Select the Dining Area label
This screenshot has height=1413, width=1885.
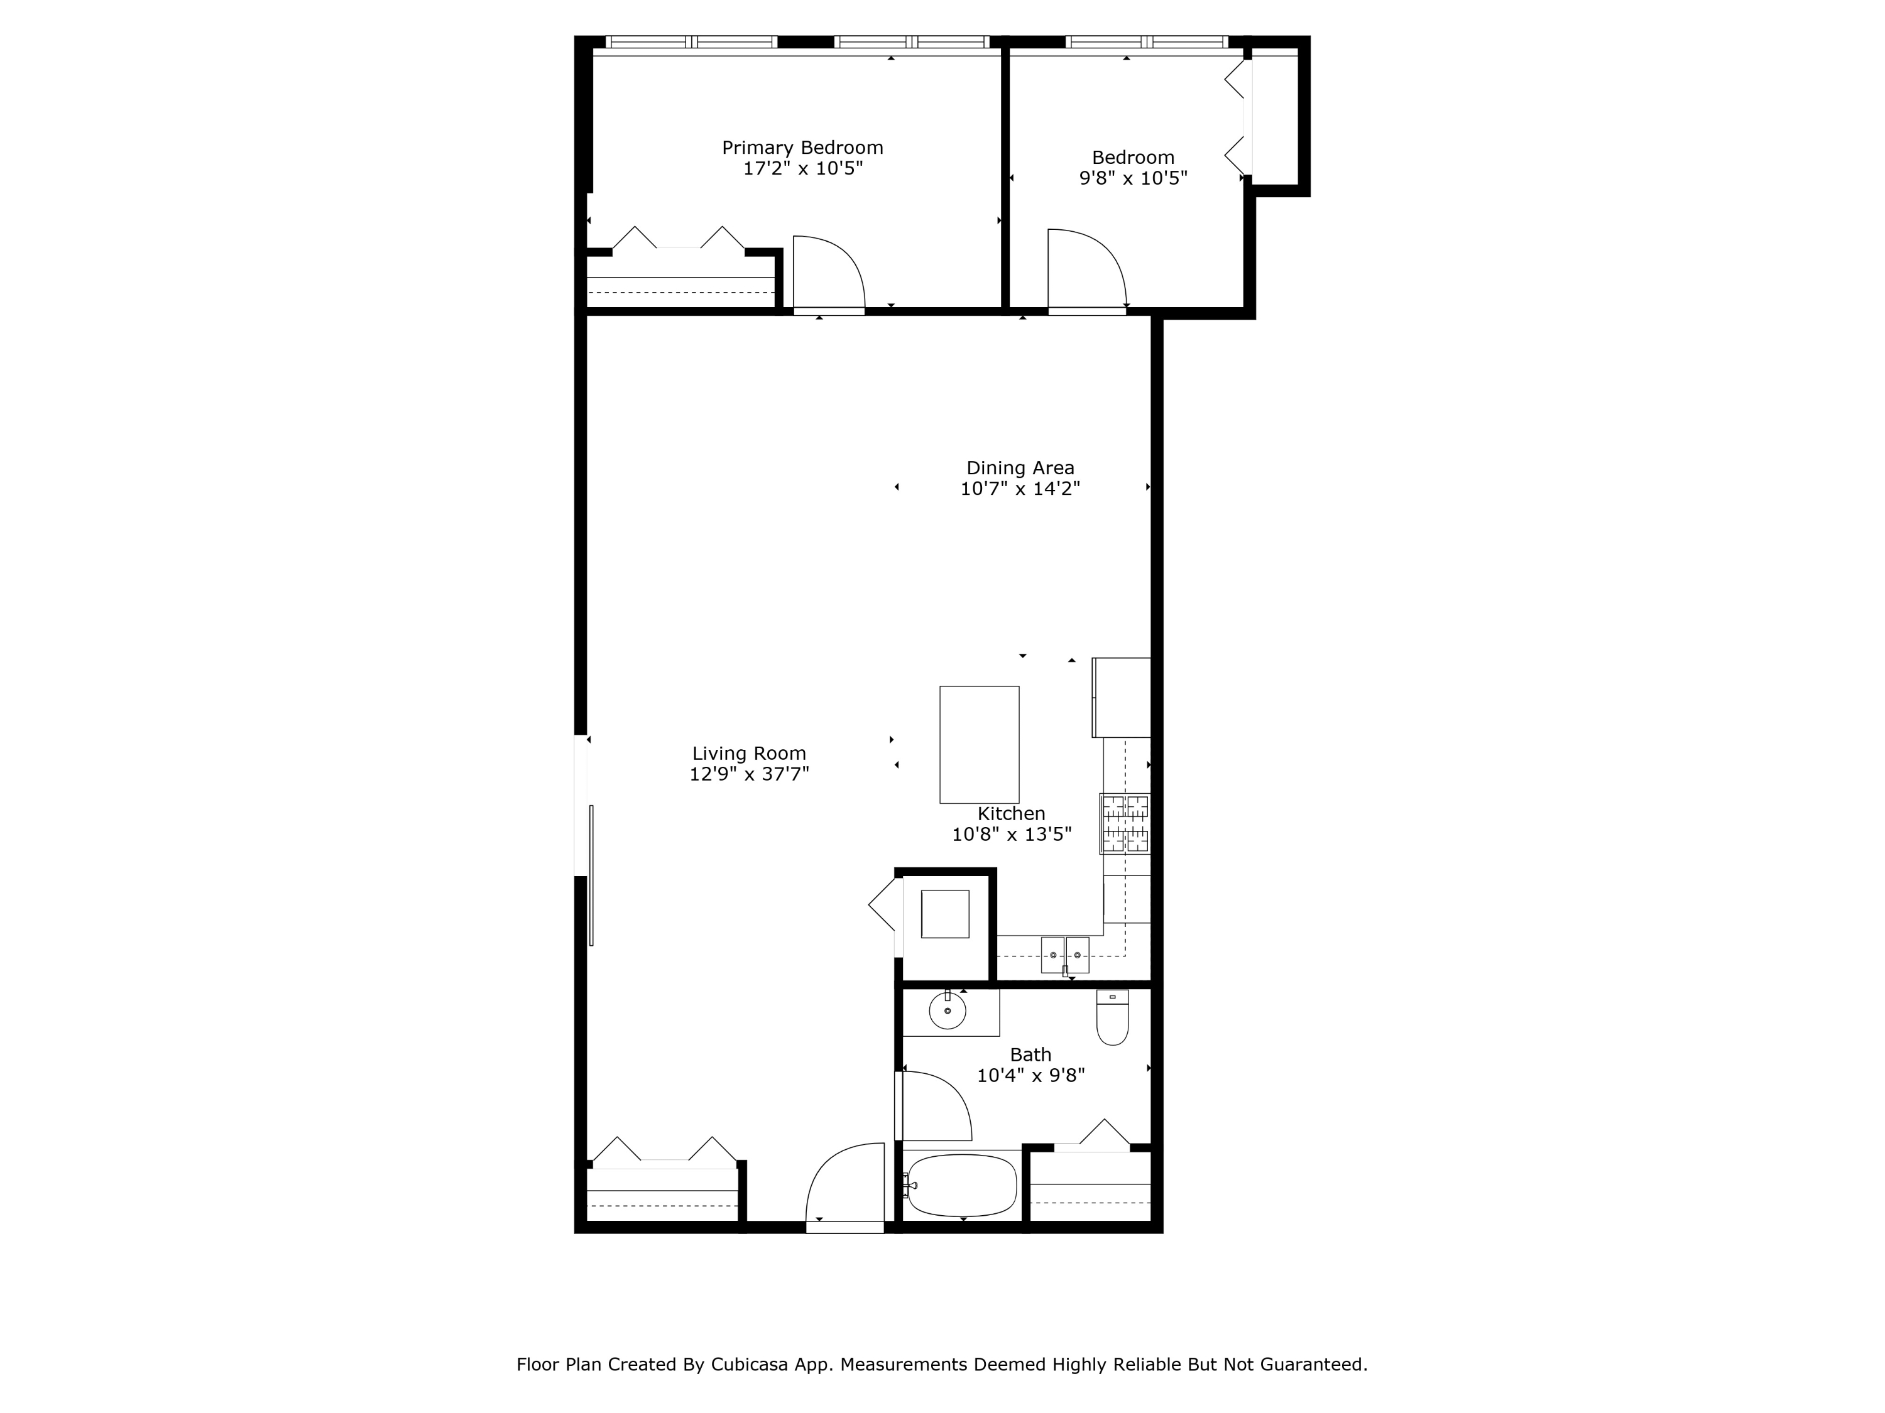pyautogui.click(x=1020, y=468)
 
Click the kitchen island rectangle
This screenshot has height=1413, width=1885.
pyautogui.click(x=979, y=744)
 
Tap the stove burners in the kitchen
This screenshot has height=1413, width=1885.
pyautogui.click(x=1125, y=823)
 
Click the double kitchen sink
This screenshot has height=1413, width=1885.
pyautogui.click(x=1065, y=955)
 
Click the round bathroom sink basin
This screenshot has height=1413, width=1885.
pyautogui.click(x=948, y=1011)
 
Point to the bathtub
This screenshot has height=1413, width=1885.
pyautogui.click(x=962, y=1186)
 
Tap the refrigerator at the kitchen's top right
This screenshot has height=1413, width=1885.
pyautogui.click(x=1122, y=696)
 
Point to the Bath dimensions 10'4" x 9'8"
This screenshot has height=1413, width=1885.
pyautogui.click(x=1030, y=1076)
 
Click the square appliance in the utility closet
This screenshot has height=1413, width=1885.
pyautogui.click(x=945, y=914)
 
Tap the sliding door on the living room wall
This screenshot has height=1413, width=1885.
pyautogui.click(x=591, y=875)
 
